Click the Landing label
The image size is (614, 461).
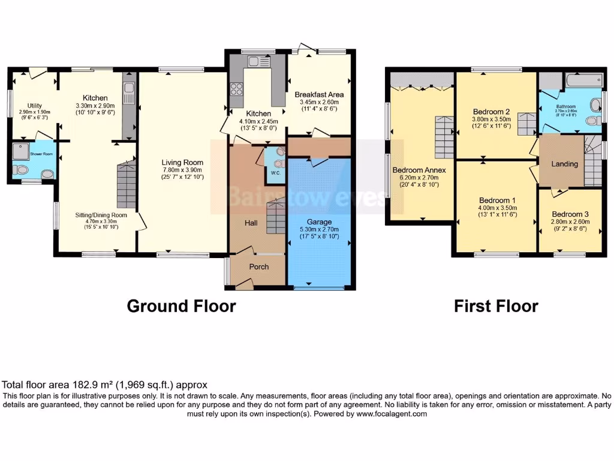coord(564,164)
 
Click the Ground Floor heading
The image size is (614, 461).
coord(181,306)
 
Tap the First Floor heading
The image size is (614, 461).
coord(496,306)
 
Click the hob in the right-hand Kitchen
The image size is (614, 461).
coord(236,90)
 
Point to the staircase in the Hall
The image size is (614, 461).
coord(276,217)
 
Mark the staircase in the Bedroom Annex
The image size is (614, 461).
coord(444,137)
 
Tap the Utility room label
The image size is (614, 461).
coord(30,105)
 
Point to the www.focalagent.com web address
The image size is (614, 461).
coord(391,414)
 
